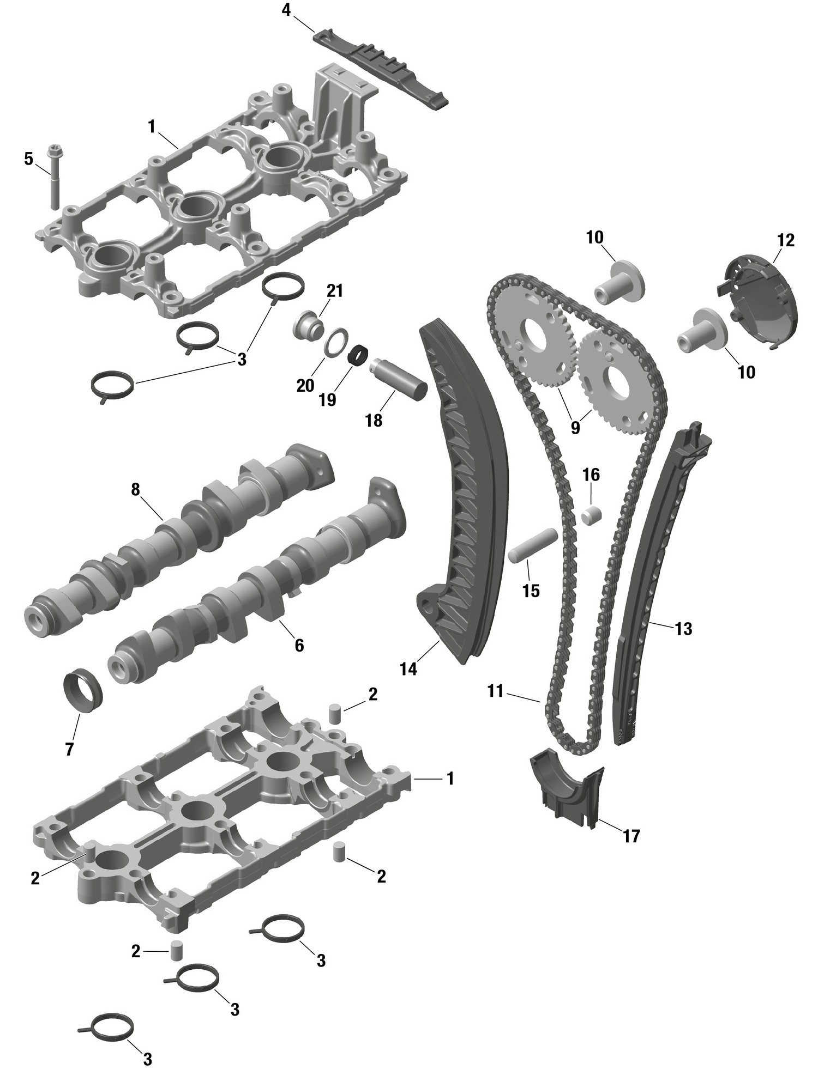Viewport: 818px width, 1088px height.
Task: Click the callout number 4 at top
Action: (286, 10)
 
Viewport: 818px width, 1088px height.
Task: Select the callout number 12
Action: (786, 240)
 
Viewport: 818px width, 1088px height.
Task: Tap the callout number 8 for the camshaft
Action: (135, 490)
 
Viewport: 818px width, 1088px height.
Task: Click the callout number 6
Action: (299, 646)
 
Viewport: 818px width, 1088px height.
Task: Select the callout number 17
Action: (631, 836)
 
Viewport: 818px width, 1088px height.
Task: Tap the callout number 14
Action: (408, 668)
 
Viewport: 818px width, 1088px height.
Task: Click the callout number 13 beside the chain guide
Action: (683, 629)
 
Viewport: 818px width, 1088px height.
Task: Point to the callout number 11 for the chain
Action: (495, 691)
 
